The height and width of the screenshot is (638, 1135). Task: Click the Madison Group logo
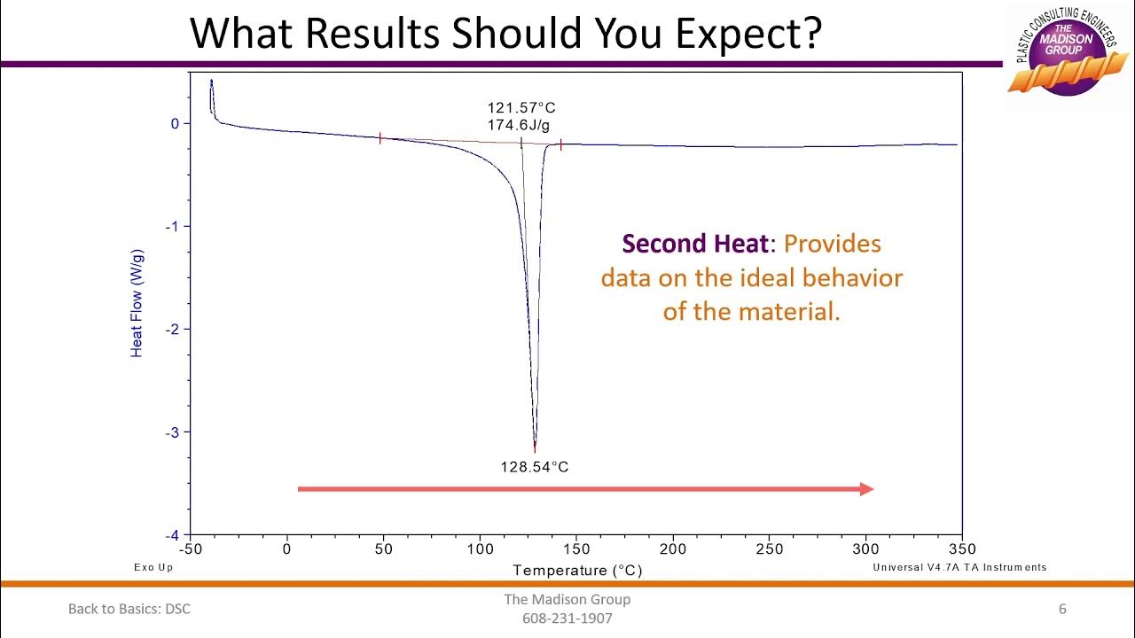(x=1067, y=53)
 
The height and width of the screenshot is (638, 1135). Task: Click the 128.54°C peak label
(x=534, y=466)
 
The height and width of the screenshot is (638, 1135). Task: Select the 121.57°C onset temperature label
(x=521, y=108)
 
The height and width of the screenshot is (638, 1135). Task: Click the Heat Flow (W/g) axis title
(x=137, y=303)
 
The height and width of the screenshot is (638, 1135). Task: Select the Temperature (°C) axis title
(x=577, y=571)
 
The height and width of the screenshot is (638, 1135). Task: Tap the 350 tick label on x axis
(x=962, y=549)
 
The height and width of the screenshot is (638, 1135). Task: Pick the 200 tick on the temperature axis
(x=673, y=549)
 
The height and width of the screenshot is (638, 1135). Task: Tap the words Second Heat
(x=693, y=244)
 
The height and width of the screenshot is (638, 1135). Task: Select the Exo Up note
(x=153, y=567)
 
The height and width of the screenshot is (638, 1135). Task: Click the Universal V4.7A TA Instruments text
(x=959, y=567)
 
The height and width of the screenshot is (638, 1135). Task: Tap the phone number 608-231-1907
(x=567, y=619)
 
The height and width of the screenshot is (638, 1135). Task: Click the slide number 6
(x=1062, y=609)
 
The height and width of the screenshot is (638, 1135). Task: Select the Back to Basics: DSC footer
(x=129, y=609)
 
